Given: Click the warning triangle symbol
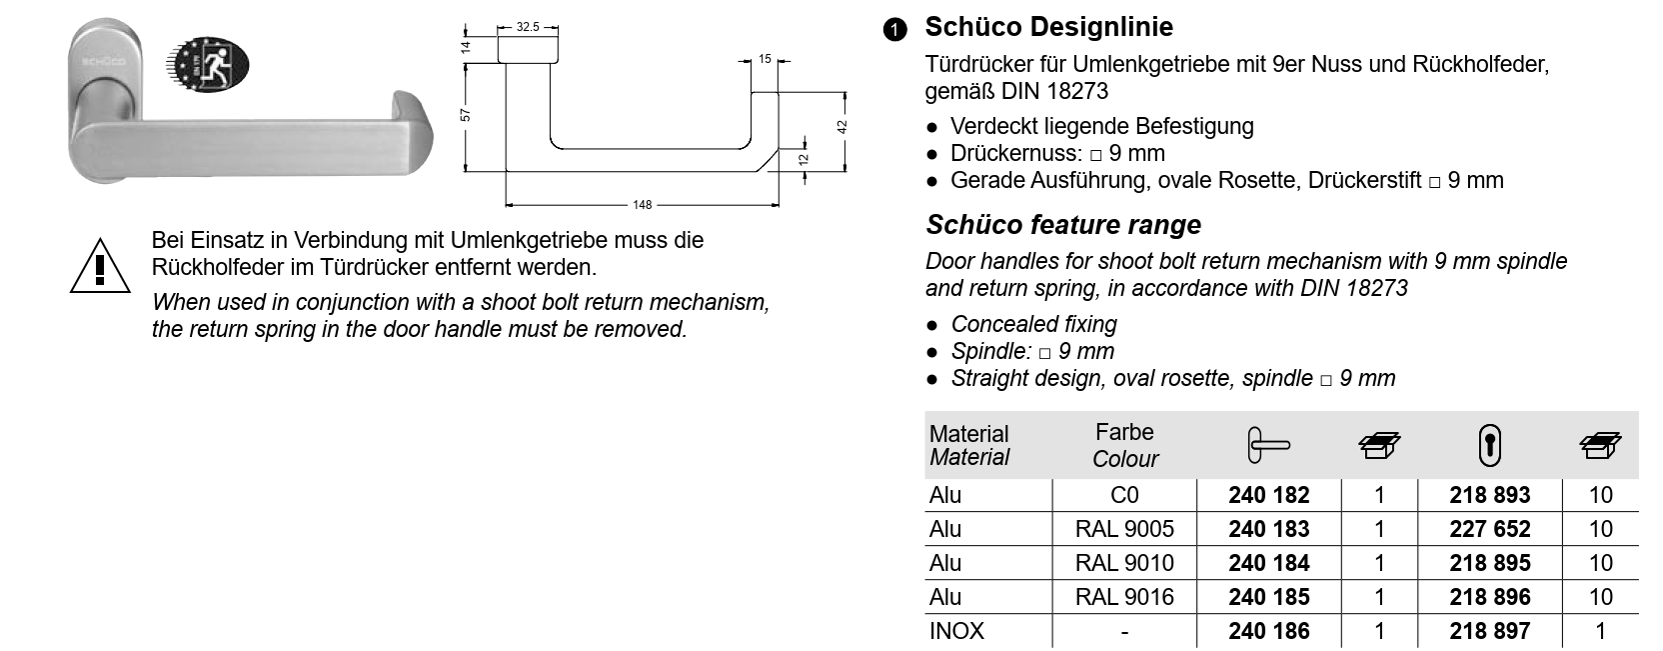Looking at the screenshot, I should click(x=100, y=265).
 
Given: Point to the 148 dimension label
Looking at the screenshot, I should click(x=642, y=205).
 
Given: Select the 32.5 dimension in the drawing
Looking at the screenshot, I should click(x=528, y=27).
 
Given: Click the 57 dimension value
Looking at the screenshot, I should click(x=465, y=115).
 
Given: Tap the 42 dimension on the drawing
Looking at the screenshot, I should click(x=841, y=127).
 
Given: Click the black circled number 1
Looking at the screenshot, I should click(x=894, y=30).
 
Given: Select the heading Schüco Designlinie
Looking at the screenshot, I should click(x=1048, y=27).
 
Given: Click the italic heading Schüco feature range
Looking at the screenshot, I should click(x=1063, y=225).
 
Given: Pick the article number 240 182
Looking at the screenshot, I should click(x=1269, y=495).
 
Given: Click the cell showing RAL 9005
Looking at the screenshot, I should click(x=1124, y=529).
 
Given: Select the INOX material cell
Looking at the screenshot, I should click(x=956, y=631).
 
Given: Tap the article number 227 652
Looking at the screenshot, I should click(x=1489, y=529).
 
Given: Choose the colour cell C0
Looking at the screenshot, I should click(x=1124, y=495).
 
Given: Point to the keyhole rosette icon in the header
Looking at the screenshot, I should click(x=1489, y=446).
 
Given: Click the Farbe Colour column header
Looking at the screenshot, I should click(x=1124, y=446).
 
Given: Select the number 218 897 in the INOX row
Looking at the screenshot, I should click(x=1489, y=631).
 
